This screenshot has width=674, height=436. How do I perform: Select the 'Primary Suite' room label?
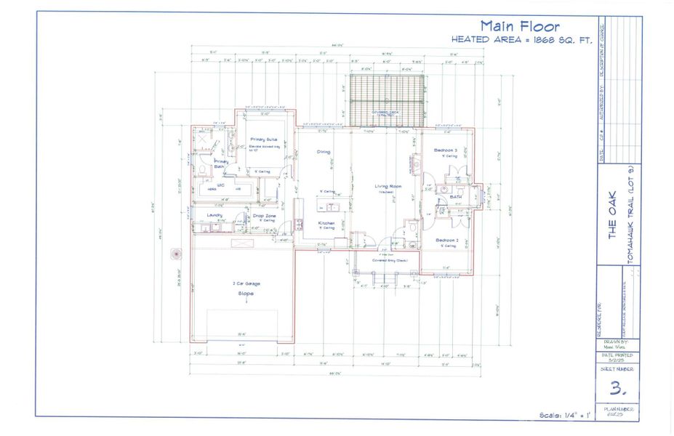tap(262, 139)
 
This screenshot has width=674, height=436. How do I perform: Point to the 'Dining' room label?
tap(324, 152)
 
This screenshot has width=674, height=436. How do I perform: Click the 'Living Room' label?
tap(388, 187)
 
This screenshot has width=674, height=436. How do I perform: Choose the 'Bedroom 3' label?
tap(446, 150)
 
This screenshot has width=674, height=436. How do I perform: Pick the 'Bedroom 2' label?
tap(446, 240)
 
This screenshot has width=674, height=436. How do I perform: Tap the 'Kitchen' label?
tap(326, 223)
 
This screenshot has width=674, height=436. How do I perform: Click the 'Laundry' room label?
tap(214, 215)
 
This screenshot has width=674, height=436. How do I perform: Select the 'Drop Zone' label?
tap(264, 216)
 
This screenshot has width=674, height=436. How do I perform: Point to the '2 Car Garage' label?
tap(246, 283)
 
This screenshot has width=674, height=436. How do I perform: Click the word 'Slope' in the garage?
tap(246, 293)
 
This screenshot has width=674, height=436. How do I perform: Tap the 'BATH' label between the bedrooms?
tap(457, 196)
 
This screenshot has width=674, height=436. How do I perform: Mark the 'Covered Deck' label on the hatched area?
tap(385, 113)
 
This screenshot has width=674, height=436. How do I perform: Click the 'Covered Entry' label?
tap(390, 259)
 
